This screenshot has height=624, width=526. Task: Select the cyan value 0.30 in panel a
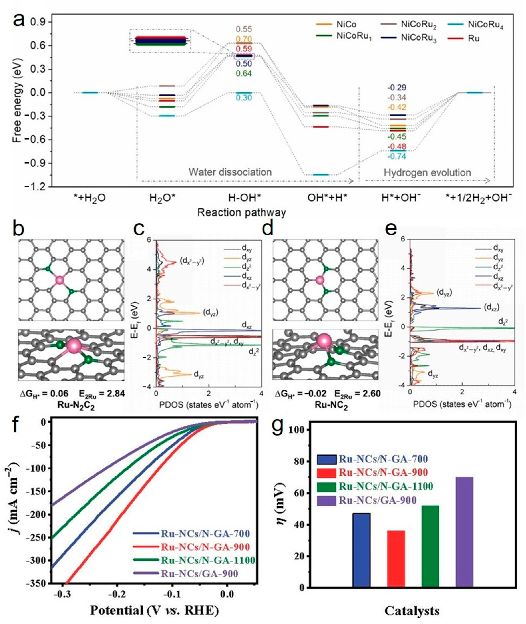coord(244,98)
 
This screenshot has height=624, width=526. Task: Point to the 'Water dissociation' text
coord(230,172)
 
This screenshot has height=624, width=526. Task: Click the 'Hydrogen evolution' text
coord(427,173)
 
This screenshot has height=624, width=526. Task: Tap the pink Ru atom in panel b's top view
coord(60,280)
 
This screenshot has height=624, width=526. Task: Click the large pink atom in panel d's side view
coord(324,341)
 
